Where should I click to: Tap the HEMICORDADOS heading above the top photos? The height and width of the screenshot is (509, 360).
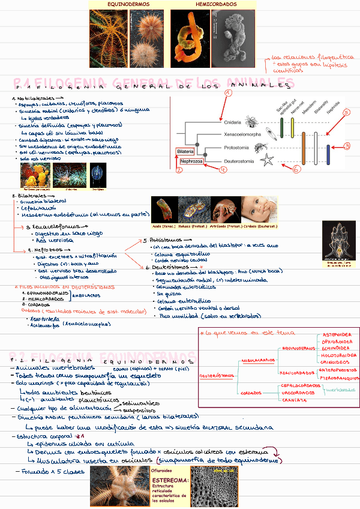point(217,4)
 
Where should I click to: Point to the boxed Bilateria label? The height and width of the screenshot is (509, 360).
point(185,151)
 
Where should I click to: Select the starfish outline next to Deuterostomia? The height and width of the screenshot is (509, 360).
point(268,161)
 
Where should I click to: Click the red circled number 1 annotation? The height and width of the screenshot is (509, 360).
point(229,93)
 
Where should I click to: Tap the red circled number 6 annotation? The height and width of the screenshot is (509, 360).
point(296,170)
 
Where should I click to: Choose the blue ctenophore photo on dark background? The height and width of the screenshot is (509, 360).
point(98,175)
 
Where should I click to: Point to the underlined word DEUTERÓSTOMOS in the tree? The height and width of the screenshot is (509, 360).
point(217,375)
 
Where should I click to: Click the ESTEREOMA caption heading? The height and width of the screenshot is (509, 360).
point(171,481)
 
